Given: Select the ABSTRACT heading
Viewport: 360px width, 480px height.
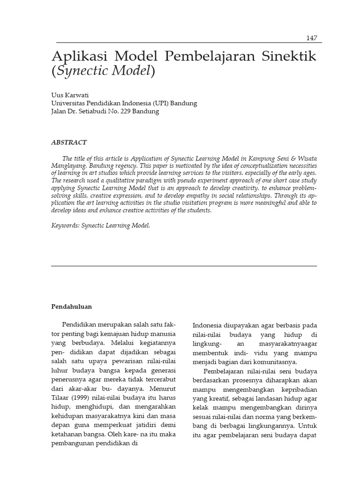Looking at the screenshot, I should (68, 142).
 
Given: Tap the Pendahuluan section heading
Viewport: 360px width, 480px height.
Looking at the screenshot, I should (71, 307).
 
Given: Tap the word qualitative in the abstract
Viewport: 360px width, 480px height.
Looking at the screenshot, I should (123, 180).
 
